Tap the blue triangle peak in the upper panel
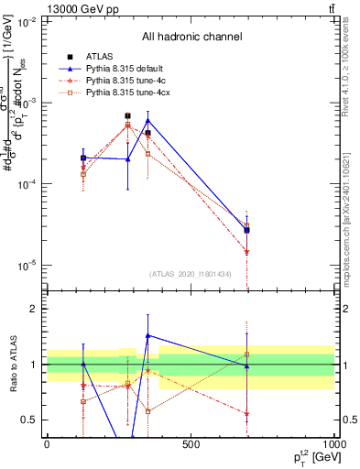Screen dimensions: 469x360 coord(148,120)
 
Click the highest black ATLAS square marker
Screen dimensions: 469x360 coord(128,116)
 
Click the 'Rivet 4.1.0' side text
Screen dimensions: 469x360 coord(351,73)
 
